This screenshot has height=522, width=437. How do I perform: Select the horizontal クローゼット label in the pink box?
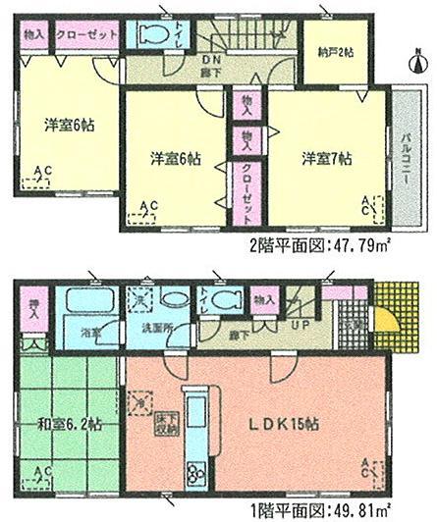80,35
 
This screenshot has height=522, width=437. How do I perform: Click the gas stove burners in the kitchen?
192,475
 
